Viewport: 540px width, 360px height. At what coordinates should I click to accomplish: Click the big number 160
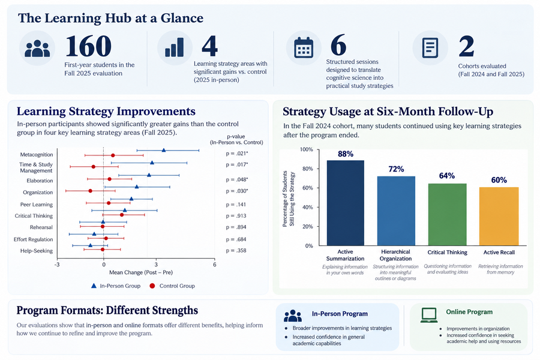coord(88,46)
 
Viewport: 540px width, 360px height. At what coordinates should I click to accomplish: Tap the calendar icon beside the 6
coord(304,47)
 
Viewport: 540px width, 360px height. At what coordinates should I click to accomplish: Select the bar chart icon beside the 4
coord(174,47)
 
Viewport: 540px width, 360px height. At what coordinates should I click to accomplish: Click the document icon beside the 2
coord(430,47)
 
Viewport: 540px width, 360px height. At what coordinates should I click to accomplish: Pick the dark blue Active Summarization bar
coord(346,203)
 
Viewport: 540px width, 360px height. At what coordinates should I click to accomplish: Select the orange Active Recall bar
coord(499,217)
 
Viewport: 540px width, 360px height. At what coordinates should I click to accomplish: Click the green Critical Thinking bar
coord(448,215)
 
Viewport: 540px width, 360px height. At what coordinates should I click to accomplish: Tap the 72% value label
coord(396,169)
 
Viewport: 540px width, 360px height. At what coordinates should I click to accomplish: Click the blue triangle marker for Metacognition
coord(164,150)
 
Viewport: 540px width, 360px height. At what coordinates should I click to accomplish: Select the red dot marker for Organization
coord(90,191)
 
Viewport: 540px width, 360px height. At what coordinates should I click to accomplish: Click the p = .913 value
coord(236,216)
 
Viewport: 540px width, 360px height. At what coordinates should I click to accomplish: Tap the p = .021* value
coord(237,154)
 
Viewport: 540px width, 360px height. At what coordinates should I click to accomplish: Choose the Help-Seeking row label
coord(37,251)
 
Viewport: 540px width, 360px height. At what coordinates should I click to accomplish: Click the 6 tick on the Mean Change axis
coord(215,265)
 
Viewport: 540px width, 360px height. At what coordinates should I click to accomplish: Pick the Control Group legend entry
coord(172,286)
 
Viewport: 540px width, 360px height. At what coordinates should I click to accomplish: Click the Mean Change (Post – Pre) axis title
coord(141,272)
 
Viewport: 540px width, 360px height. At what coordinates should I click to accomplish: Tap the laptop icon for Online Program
coord(429,315)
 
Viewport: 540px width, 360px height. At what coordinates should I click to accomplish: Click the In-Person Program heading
coord(340,314)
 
